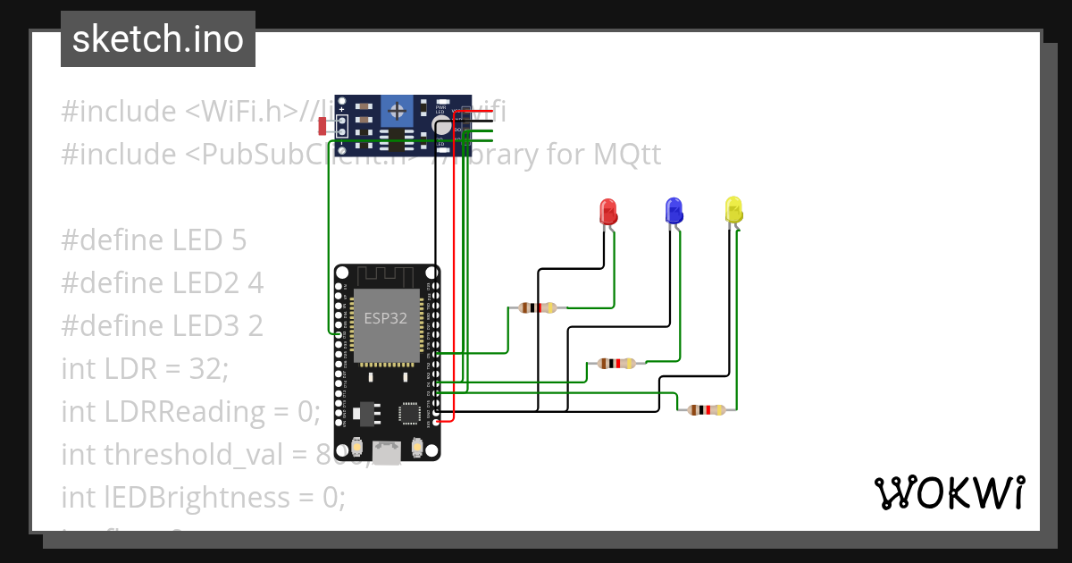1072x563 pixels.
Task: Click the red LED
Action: tap(607, 212)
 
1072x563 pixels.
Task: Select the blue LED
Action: tap(674, 211)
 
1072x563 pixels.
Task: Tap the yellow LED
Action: tap(733, 210)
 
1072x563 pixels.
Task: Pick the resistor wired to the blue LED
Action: tap(616, 363)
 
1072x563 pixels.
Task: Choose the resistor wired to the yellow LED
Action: tap(707, 409)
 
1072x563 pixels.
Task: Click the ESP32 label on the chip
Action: tap(386, 317)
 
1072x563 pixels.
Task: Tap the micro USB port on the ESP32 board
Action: tap(387, 453)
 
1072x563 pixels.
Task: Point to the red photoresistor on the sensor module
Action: tap(323, 126)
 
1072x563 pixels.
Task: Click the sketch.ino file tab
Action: tap(158, 39)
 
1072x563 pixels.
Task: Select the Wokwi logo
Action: tap(948, 492)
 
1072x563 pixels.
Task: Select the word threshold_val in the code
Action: tap(171, 454)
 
